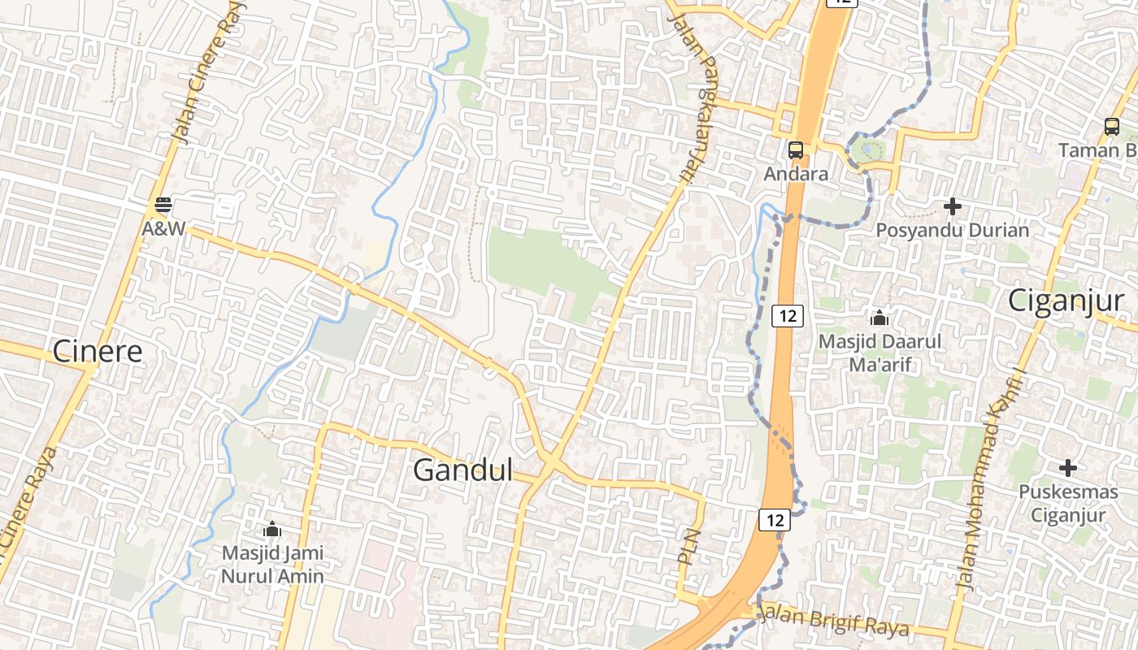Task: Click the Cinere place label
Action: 98,351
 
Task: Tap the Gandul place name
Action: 463,470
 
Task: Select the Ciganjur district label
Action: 1066,301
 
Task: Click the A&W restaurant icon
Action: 163,204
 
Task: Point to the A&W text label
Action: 163,228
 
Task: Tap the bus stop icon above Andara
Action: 796,149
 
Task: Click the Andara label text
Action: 796,174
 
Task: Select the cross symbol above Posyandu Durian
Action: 952,206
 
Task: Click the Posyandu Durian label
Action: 952,230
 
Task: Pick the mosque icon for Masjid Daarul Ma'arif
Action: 879,318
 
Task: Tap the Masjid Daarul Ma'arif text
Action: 879,353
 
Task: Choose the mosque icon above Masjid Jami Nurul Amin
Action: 272,530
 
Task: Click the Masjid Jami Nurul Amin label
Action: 272,565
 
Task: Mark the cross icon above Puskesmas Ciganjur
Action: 1068,468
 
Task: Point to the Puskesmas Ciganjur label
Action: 1068,503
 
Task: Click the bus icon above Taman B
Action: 1111,126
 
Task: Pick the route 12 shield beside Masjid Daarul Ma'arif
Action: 786,315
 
